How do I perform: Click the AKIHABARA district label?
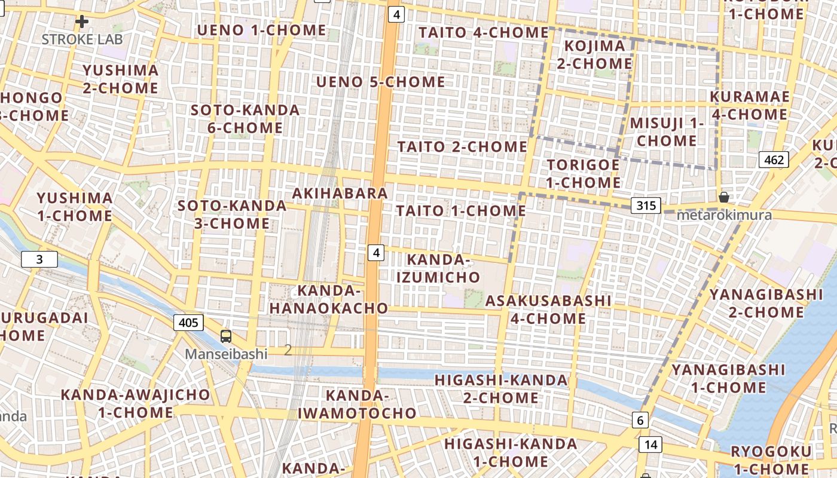tap(340, 193)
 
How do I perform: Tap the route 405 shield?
tap(188, 323)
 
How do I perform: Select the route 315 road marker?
tap(646, 206)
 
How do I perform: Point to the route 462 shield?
tap(774, 160)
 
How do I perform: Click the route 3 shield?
tap(39, 259)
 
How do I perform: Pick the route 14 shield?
tap(650, 444)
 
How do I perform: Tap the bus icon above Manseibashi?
tap(226, 336)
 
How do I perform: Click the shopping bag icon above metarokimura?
tap(723, 197)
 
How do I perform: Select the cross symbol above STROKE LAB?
tap(82, 22)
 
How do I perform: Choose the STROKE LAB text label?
tap(82, 39)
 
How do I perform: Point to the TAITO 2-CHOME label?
tap(462, 146)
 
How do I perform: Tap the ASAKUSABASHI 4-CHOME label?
tap(548, 310)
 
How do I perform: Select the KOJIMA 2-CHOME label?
tap(594, 54)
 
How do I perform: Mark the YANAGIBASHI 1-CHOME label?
tap(728, 378)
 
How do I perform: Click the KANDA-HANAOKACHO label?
tap(328, 299)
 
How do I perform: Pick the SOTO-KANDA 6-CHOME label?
tap(245, 119)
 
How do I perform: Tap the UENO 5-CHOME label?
tap(381, 82)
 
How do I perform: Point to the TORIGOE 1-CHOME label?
tap(583, 173)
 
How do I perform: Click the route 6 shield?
tap(640, 420)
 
